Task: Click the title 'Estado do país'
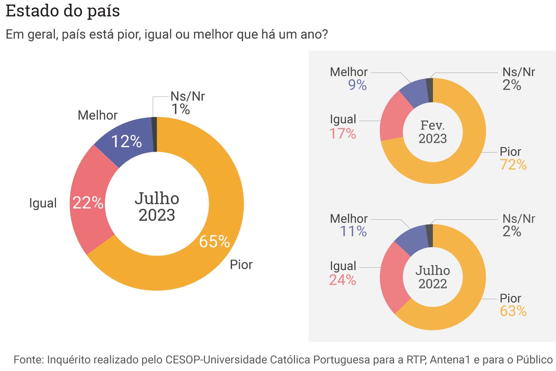click(x=63, y=11)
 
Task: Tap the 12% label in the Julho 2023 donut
click(x=126, y=141)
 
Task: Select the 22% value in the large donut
click(x=88, y=203)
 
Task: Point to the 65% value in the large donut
click(x=214, y=242)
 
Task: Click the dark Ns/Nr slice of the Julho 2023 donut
click(x=155, y=134)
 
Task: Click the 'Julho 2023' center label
click(x=157, y=207)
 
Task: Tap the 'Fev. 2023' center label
click(x=433, y=132)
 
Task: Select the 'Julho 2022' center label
click(x=433, y=277)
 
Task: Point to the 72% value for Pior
click(x=513, y=165)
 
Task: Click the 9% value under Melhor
click(x=357, y=85)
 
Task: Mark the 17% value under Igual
click(x=342, y=134)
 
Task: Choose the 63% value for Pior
click(x=513, y=311)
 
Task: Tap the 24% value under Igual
click(x=342, y=280)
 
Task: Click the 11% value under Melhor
click(x=353, y=232)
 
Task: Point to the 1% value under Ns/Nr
click(x=181, y=110)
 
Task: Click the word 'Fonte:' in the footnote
click(x=29, y=360)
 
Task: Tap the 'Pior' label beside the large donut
click(x=241, y=265)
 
